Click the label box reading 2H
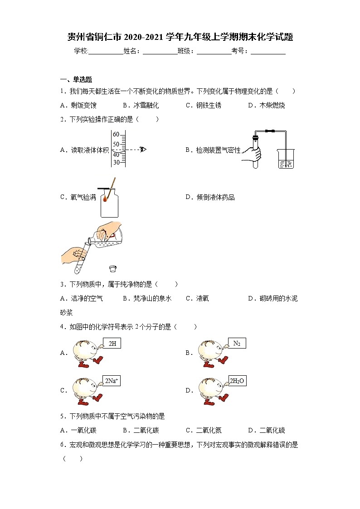point(112,344)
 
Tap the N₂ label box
point(237,344)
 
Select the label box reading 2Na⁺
point(112,381)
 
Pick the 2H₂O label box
point(237,381)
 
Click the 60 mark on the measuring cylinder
point(116,135)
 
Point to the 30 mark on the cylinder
point(116,162)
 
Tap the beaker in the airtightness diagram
point(286,159)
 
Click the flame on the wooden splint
point(106,198)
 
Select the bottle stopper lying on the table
point(113,268)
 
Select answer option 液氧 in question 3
point(202,298)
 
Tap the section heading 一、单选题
point(76,79)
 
